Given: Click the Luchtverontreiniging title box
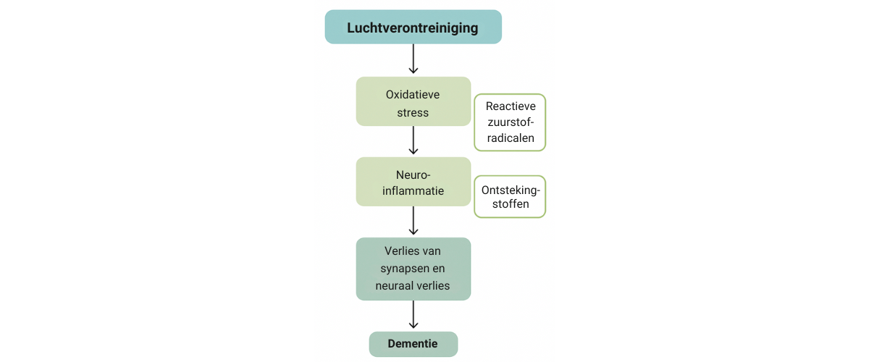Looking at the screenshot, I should pyautogui.click(x=413, y=28).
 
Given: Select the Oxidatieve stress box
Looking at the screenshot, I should pyautogui.click(x=413, y=101).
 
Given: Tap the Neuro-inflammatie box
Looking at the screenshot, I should pyautogui.click(x=413, y=182).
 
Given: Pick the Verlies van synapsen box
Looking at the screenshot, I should pyautogui.click(x=413, y=269).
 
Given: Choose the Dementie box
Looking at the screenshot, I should pyautogui.click(x=413, y=344).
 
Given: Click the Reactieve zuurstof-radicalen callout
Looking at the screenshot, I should pyautogui.click(x=510, y=122).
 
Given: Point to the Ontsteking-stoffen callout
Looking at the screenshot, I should pyautogui.click(x=510, y=196).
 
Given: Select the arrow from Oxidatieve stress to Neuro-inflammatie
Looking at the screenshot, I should pyautogui.click(x=413, y=140).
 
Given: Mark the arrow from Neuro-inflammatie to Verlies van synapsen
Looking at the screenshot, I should pyautogui.click(x=413, y=221).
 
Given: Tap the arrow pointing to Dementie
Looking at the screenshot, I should pyautogui.click(x=413, y=315).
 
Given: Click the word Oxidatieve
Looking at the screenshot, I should pyautogui.click(x=413, y=95).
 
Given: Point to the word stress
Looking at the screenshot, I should pyautogui.click(x=413, y=113).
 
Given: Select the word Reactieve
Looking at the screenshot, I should pyautogui.click(x=511, y=106).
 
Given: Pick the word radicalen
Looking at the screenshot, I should pyautogui.click(x=510, y=138).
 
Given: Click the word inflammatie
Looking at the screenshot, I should pyautogui.click(x=413, y=191).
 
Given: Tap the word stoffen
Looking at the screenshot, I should pyautogui.click(x=510, y=204).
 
